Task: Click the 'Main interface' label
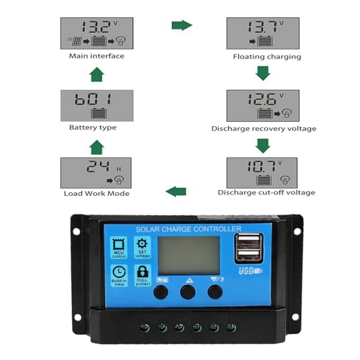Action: coord(96,56)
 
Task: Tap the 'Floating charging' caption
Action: coord(266,56)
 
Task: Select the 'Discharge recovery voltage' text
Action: coord(264,128)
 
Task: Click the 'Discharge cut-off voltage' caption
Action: coord(266,192)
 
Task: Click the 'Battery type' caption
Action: coord(93,128)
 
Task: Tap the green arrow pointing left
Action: coord(176,191)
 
